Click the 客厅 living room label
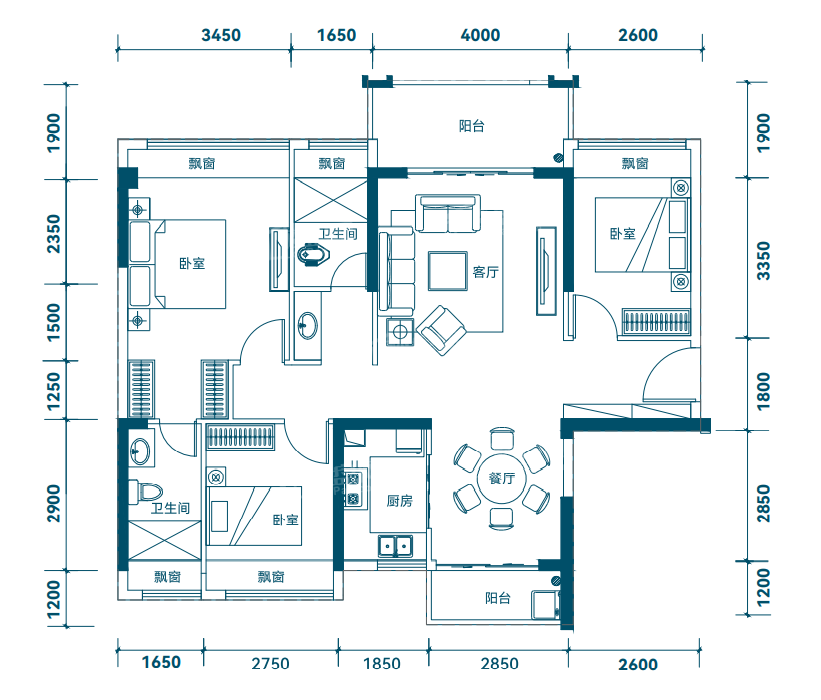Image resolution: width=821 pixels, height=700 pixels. point(485,272)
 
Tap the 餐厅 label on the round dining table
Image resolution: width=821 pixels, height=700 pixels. point(502,478)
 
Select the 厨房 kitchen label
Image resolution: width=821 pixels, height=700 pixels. point(400,501)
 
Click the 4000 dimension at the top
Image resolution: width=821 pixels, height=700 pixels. point(480,35)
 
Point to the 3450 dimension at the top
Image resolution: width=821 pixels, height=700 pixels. point(221,35)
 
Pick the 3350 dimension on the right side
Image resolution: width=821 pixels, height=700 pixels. point(764,261)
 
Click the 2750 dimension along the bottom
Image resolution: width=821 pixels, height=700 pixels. point(270,664)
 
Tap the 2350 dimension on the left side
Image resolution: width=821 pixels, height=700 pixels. point(53,234)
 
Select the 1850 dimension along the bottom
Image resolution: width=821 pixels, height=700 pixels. point(382,664)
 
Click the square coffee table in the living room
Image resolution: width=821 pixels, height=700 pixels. point(448,271)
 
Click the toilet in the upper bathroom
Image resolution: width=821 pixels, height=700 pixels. point(313,255)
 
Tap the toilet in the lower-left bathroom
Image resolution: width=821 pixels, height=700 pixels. point(146,492)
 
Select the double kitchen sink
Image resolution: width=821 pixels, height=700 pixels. point(395,546)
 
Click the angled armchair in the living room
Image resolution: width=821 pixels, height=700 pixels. point(441,330)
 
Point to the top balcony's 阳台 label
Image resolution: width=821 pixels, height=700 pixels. point(471,126)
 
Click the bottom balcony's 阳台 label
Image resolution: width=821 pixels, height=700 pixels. point(497,598)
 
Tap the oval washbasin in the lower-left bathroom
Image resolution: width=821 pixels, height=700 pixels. point(140,450)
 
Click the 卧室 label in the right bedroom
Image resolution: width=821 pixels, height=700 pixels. point(623,234)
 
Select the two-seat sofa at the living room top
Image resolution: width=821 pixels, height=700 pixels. point(448,214)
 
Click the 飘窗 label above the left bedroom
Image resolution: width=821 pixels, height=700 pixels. point(202,163)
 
